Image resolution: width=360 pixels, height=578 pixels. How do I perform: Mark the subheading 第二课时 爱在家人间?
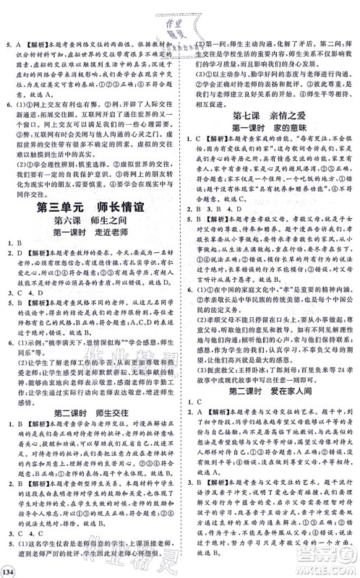tap(269, 390)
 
